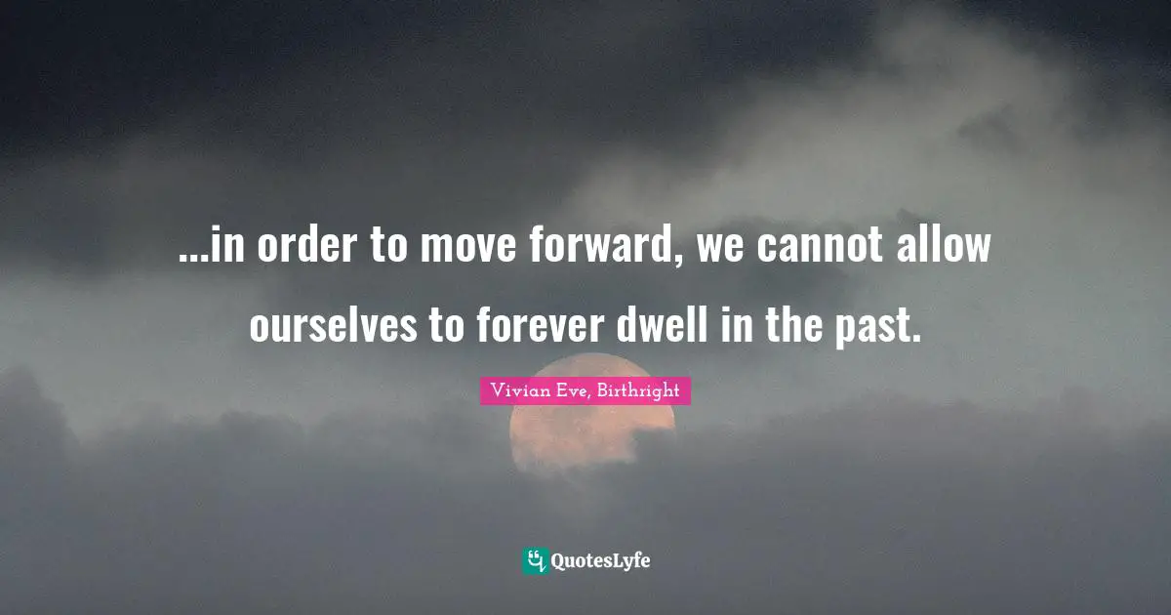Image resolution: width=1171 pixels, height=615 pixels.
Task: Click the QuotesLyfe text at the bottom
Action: (600, 560)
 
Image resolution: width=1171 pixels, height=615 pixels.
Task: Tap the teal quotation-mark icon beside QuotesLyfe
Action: (534, 560)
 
